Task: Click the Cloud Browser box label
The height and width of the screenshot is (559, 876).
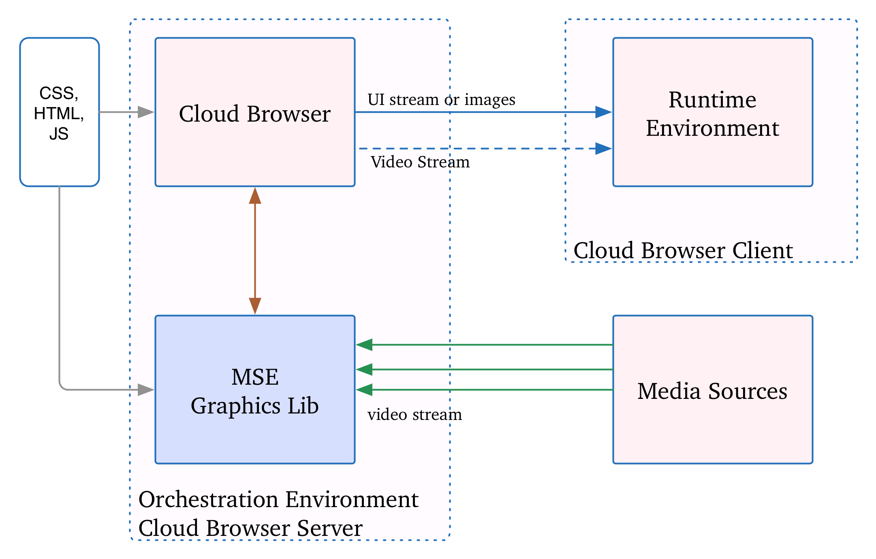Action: (255, 114)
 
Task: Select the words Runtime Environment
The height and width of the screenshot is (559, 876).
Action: (712, 114)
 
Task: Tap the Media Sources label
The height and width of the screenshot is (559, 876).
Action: (712, 391)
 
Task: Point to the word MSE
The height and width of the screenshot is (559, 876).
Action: (255, 377)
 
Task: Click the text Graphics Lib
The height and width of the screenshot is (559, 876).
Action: (255, 406)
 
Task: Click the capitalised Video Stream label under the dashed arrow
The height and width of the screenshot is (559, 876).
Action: (410, 162)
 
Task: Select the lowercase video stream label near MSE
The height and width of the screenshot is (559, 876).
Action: (408, 415)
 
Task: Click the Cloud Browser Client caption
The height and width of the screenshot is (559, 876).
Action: (683, 251)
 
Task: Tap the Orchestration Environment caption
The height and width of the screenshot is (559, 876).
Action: (278, 499)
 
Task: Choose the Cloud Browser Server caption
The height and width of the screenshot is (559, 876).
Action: (250, 528)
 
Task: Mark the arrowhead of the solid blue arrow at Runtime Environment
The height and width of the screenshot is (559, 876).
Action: (603, 112)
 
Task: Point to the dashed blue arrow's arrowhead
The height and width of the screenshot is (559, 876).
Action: (603, 149)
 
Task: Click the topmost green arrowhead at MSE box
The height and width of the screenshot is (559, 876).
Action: (364, 345)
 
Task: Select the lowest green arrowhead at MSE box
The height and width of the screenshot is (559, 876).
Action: (364, 390)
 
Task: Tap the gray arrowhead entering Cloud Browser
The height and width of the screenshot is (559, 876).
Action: (145, 112)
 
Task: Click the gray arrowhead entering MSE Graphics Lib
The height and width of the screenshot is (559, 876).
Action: (145, 390)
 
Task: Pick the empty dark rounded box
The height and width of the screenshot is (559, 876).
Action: (60, 112)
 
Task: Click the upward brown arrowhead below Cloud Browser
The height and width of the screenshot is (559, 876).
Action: (255, 196)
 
